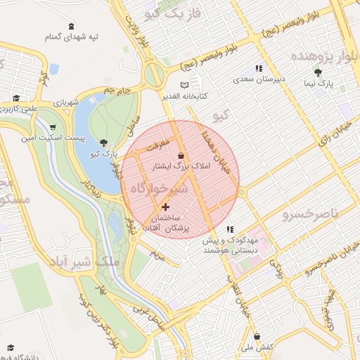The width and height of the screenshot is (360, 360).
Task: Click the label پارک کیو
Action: click(x=104, y=154)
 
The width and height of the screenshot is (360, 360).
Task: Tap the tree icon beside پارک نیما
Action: click(x=319, y=72)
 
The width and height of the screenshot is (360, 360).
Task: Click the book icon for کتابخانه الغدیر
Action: click(x=185, y=85)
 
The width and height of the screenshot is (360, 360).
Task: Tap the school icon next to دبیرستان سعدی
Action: click(x=259, y=68)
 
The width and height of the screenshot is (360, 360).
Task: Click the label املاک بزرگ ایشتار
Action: click(x=181, y=167)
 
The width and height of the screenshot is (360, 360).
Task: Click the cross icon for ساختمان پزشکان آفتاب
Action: click(x=166, y=207)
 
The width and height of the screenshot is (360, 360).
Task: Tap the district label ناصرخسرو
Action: click(x=311, y=212)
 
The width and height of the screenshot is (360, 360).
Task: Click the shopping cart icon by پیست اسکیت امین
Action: click(x=53, y=127)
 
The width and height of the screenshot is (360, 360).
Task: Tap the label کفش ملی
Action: click(x=257, y=347)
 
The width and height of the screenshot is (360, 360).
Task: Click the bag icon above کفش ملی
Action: click(x=257, y=336)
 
